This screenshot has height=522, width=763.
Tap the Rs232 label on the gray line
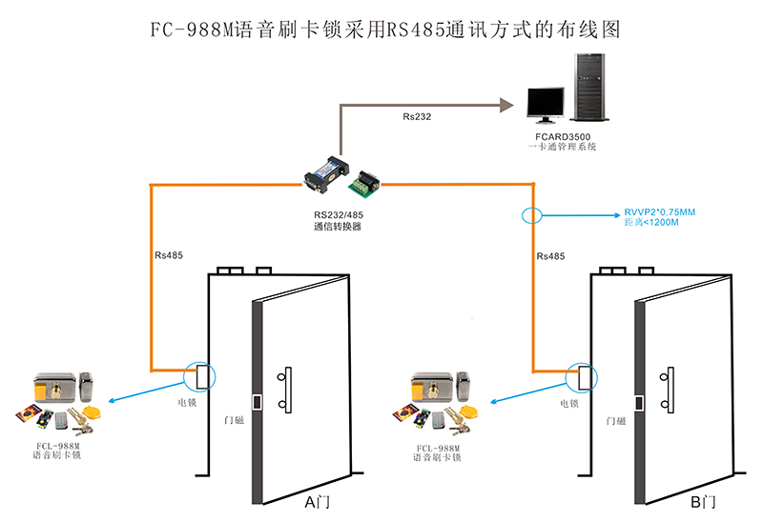pyautogui.click(x=417, y=117)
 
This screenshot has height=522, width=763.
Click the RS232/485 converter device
pyautogui.click(x=340, y=175)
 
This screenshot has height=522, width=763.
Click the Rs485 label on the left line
pyautogui.click(x=169, y=255)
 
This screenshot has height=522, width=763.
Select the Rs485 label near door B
pyautogui.click(x=551, y=256)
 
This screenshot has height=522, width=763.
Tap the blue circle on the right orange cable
pyautogui.click(x=532, y=213)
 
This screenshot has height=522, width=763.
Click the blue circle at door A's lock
pyautogui.click(x=201, y=375)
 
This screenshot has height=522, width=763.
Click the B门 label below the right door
pyautogui.click(x=702, y=502)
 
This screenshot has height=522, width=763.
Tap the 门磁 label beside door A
pyautogui.click(x=234, y=419)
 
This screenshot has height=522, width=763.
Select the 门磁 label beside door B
pyautogui.click(x=616, y=420)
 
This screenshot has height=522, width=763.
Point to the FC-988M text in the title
pyautogui.click(x=192, y=30)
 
